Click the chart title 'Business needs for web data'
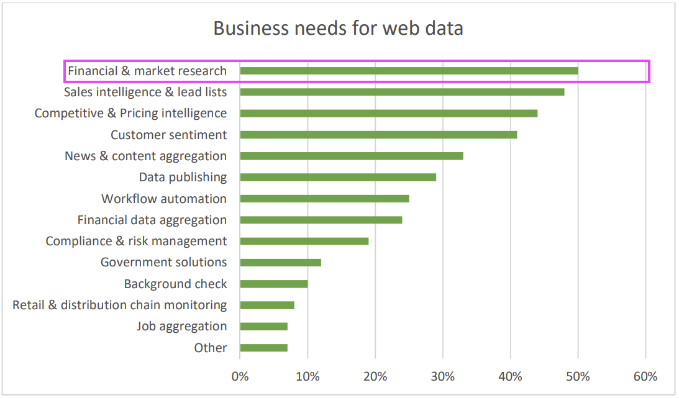[338, 29]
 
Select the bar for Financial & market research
[409, 71]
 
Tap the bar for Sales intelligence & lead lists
[402, 92]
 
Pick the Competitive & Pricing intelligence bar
[388, 113]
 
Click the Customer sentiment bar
[378, 135]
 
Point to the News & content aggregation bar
[351, 156]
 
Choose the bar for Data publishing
[338, 177]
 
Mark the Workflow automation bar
[324, 199]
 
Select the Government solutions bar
[280, 263]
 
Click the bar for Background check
[273, 284]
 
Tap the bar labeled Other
[263, 348]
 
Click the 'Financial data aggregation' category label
[152, 220]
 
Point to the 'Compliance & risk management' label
[136, 241]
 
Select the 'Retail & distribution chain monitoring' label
[120, 305]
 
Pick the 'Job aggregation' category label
[182, 327]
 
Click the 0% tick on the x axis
[240, 376]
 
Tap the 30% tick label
[443, 376]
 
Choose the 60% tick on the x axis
[645, 376]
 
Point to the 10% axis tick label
[308, 376]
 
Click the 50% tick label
[578, 376]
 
